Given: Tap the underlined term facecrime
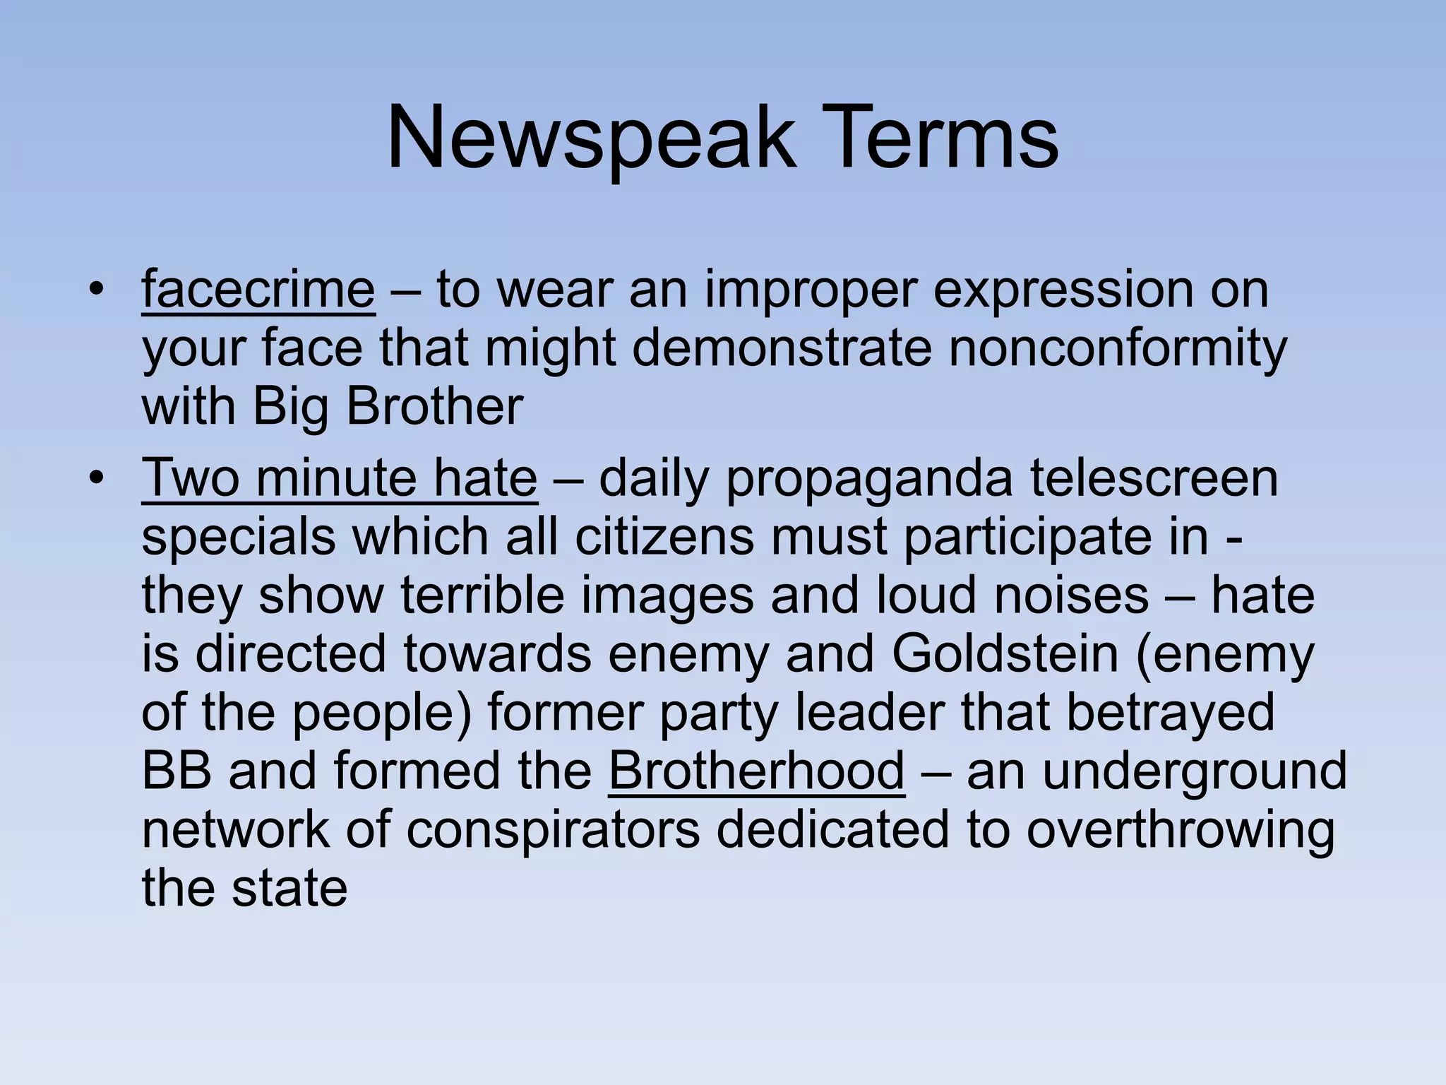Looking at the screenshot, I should [x=258, y=290].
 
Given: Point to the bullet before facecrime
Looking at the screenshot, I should [x=97, y=290].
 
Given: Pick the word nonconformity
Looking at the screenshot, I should [x=1117, y=349].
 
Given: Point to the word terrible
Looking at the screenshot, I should [x=483, y=595].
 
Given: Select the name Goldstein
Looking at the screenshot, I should [x=1005, y=654].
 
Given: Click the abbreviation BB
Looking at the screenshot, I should [x=177, y=771].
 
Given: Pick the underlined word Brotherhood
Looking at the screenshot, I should [x=756, y=771].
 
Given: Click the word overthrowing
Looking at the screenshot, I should [x=1180, y=829].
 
